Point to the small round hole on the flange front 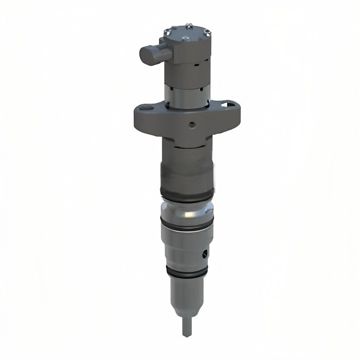(191, 124)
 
